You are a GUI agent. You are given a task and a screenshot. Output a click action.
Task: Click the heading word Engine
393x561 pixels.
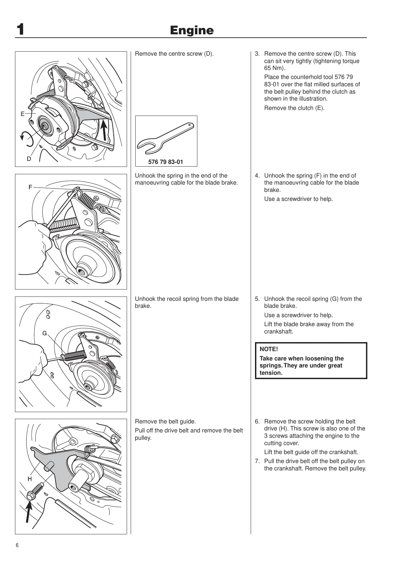[192, 30]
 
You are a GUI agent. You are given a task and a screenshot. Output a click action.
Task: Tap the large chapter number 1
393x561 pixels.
[21, 30]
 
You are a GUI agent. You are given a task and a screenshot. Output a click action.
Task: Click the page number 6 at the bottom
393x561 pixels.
[17, 545]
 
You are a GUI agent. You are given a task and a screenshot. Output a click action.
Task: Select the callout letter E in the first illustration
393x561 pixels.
[22, 114]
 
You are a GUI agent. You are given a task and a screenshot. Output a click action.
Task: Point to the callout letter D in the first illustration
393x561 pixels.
[29, 159]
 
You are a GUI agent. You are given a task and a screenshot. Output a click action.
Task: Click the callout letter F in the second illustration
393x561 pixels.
[30, 187]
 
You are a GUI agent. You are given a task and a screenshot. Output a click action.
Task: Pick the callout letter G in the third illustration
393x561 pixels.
[44, 333]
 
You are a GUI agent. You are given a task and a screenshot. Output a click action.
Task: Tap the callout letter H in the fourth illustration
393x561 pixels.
[30, 479]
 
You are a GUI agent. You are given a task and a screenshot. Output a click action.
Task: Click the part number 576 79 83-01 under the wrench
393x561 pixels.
[166, 162]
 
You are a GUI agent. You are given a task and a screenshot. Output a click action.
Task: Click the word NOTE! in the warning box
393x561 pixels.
[269, 349]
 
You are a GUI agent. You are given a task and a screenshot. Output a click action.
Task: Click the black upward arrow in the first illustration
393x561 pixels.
[104, 130]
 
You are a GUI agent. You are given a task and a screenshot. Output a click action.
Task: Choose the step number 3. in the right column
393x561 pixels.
[257, 54]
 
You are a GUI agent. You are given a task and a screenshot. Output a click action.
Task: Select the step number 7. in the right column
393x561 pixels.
[257, 461]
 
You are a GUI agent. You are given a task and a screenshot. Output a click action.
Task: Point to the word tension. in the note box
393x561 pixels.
[271, 373]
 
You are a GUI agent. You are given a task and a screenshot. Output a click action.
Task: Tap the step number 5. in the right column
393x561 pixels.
[257, 299]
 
